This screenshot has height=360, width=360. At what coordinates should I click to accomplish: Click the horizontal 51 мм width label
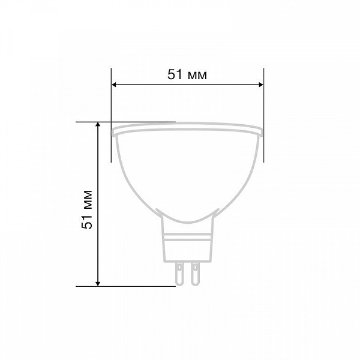tap(187, 74)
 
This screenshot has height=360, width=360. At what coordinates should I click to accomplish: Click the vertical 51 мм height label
tap(87, 209)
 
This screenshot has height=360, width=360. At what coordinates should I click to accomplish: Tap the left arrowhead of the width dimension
tap(114, 85)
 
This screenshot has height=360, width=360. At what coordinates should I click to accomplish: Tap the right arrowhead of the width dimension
tap(260, 85)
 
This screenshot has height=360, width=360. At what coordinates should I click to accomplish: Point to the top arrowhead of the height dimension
tap(98, 125)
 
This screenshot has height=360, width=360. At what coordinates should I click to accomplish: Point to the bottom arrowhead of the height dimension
tap(98, 284)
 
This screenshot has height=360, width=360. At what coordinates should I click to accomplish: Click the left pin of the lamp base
tap(179, 274)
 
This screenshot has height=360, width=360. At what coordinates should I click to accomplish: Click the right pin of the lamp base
tap(196, 274)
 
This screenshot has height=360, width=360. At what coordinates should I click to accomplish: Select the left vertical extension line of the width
tap(111, 115)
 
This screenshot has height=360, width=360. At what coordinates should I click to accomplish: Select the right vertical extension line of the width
tap(263, 115)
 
